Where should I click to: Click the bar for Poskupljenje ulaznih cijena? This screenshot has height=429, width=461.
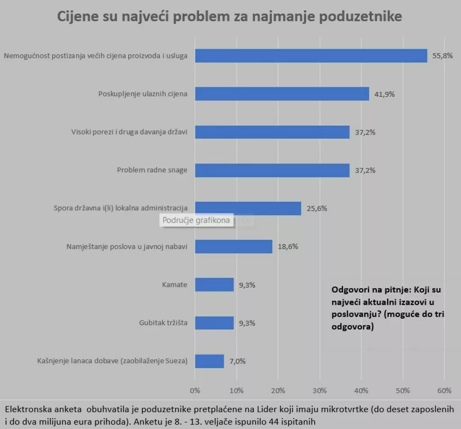[282, 94]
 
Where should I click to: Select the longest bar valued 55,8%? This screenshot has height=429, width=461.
[311, 56]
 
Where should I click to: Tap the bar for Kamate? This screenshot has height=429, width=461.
[214, 284]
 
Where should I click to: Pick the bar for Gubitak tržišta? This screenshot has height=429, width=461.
[214, 323]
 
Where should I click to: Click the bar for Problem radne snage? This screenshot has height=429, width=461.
[272, 170]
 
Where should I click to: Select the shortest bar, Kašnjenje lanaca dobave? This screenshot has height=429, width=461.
[209, 361]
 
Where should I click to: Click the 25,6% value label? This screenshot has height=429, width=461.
[316, 208]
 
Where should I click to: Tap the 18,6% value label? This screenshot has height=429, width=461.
[288, 247]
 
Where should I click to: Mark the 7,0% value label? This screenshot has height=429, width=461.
[238, 361]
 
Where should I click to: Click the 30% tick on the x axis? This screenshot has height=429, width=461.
[320, 390]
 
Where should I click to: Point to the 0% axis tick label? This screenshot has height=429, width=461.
[195, 390]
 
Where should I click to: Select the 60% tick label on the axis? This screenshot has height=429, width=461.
[444, 390]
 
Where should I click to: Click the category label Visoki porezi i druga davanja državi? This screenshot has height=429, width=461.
[129, 132]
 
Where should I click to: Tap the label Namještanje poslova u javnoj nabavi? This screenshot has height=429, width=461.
[127, 247]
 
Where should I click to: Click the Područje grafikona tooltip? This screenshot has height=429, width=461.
[197, 221]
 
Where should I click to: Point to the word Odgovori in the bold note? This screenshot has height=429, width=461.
[349, 290]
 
